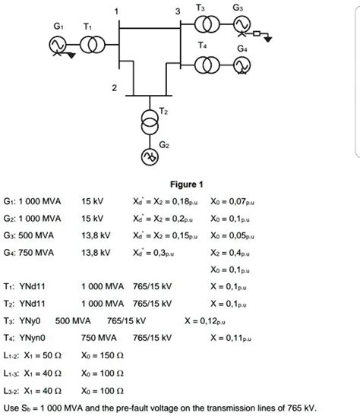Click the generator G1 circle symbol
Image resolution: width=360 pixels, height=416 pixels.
55,46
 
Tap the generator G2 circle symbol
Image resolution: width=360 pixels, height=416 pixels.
150,157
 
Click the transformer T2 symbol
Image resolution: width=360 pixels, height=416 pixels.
150,118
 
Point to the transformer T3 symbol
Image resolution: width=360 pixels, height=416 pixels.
205,27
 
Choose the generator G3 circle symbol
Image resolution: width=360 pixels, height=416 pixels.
241,27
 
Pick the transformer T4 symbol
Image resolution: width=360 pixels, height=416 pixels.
205,66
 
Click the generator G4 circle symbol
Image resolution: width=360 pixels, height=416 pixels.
241,66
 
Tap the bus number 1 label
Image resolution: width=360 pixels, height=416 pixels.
116,10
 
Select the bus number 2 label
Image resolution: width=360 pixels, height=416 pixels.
115,89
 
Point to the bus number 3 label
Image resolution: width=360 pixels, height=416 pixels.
177,10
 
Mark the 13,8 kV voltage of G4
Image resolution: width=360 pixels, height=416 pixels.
95,252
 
